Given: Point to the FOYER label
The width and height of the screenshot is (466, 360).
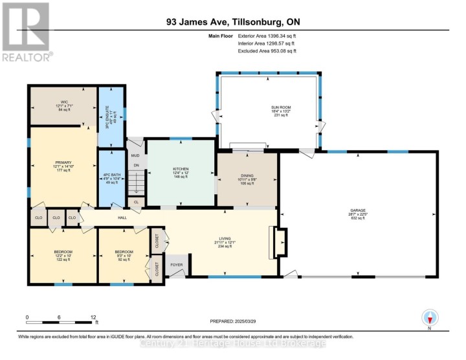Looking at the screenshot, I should [176, 265].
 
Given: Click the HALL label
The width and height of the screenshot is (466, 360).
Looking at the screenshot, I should [122, 218].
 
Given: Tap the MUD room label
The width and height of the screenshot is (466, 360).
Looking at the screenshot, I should [135, 155].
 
